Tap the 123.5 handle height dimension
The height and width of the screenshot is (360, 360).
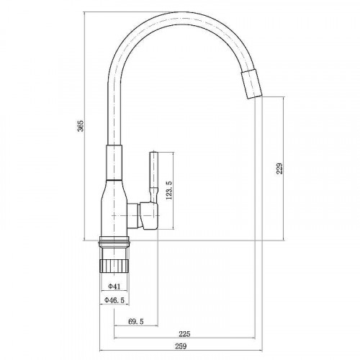[x=168, y=192]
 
